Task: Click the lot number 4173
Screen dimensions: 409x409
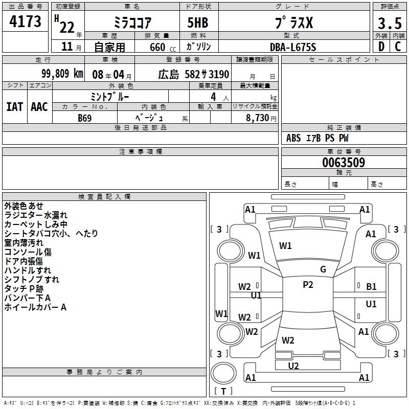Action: pyautogui.click(x=26, y=21)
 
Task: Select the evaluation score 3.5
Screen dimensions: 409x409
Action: pyautogui.click(x=390, y=23)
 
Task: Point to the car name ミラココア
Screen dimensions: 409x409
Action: pyautogui.click(x=131, y=23)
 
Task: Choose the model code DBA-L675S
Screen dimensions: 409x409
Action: pyautogui.click(x=293, y=47)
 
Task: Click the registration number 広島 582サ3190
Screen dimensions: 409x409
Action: pyautogui.click(x=193, y=75)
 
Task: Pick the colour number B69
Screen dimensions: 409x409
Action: pyautogui.click(x=85, y=118)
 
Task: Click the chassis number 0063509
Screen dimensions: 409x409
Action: pyautogui.click(x=344, y=163)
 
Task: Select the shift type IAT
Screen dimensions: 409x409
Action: pyautogui.click(x=14, y=107)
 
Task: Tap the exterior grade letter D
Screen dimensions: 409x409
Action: pyautogui.click(x=381, y=46)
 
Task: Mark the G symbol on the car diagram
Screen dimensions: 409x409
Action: pyautogui.click(x=323, y=269)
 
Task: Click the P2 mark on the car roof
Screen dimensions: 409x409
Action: pyautogui.click(x=308, y=285)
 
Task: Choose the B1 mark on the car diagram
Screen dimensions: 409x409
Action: pyautogui.click(x=371, y=287)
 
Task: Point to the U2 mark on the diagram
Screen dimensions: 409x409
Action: pyautogui.click(x=293, y=366)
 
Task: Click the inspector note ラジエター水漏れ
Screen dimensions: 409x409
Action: pyautogui.click(x=36, y=215)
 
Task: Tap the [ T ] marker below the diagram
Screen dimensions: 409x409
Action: pyautogui.click(x=223, y=391)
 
